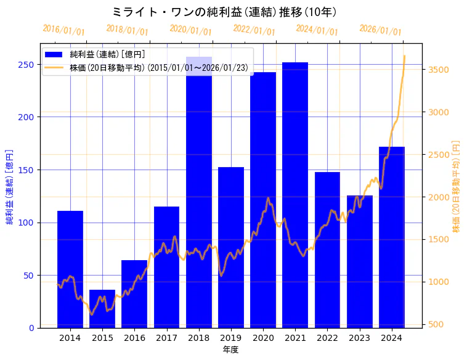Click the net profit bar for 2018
point(198,197)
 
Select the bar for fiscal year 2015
point(102,308)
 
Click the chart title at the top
point(225,12)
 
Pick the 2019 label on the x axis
point(230,338)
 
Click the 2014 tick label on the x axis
point(70,338)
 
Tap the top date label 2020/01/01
point(190,30)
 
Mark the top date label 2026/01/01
point(380,30)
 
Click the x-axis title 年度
point(230,350)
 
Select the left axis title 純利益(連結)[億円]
point(10,186)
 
